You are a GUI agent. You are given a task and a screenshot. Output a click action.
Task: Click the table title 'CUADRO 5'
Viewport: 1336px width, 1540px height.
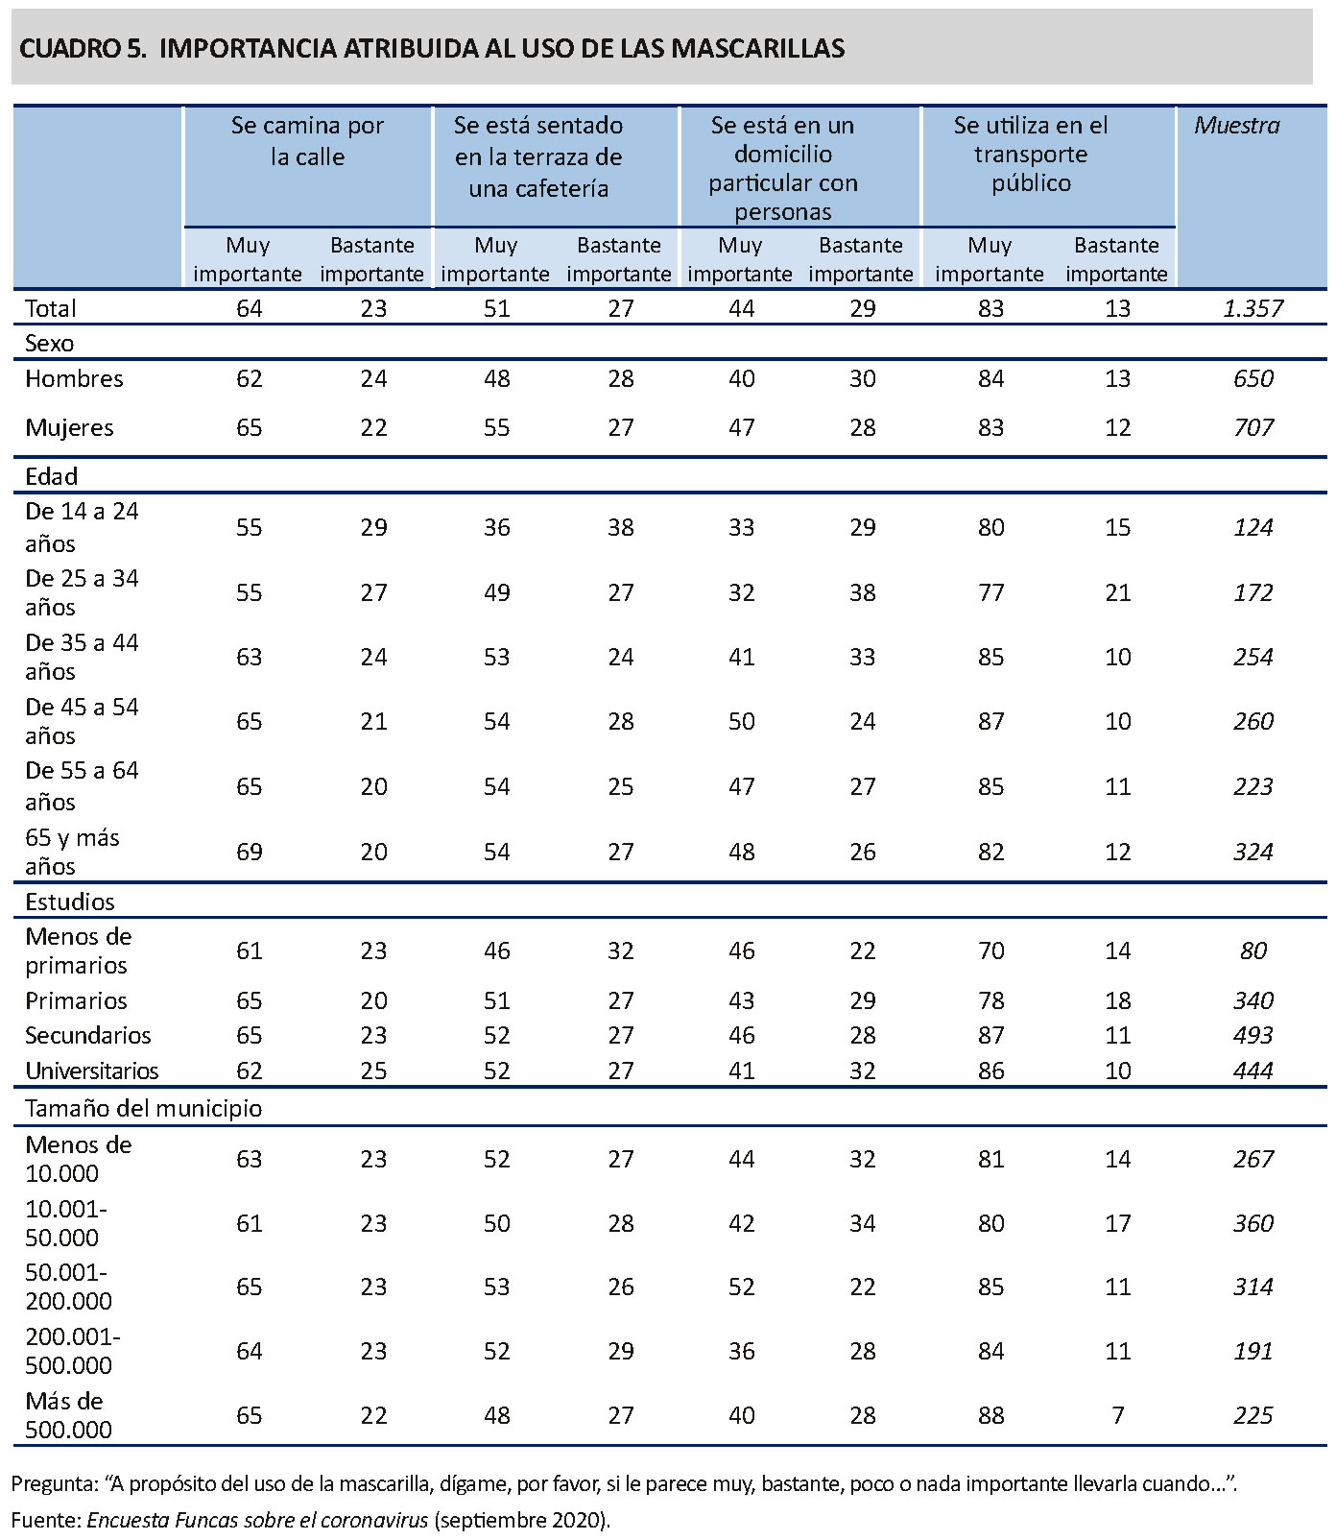(83, 48)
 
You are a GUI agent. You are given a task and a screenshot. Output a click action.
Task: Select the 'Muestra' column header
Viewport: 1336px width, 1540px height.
(1236, 125)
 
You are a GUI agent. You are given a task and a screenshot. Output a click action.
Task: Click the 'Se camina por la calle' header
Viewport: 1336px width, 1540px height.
(307, 140)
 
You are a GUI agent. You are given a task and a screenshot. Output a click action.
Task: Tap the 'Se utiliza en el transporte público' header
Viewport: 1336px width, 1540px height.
(1031, 154)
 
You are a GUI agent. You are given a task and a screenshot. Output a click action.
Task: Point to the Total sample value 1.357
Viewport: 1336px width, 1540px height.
(1253, 308)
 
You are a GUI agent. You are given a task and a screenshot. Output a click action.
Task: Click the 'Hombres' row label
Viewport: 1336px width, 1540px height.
(74, 378)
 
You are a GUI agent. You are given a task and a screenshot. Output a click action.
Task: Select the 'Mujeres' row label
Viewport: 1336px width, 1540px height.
(69, 427)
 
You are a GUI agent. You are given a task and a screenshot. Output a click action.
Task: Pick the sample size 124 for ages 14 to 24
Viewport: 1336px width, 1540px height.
(1253, 527)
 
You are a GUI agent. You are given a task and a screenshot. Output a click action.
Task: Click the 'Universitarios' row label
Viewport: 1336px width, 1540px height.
(92, 1071)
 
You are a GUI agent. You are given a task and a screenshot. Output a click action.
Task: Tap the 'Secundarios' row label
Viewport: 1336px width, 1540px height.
(88, 1035)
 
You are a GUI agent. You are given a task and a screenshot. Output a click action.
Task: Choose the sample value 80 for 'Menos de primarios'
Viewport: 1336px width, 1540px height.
(1253, 950)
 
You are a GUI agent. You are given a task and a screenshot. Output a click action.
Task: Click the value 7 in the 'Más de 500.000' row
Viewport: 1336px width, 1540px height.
(1117, 1415)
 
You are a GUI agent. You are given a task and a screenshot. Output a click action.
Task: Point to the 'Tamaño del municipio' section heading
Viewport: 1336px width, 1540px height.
(143, 1108)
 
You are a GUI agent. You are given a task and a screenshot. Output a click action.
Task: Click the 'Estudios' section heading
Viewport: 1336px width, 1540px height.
(69, 902)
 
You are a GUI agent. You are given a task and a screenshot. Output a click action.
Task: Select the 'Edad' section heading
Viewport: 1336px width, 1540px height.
(51, 476)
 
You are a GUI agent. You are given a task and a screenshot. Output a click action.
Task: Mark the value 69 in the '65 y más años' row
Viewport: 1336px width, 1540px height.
(250, 852)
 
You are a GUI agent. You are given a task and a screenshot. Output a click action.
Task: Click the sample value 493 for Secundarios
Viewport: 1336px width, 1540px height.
(1253, 1035)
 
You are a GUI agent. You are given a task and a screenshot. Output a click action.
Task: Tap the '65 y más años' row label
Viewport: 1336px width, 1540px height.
(72, 852)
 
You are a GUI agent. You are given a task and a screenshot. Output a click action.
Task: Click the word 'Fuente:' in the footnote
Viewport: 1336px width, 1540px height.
(46, 1520)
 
